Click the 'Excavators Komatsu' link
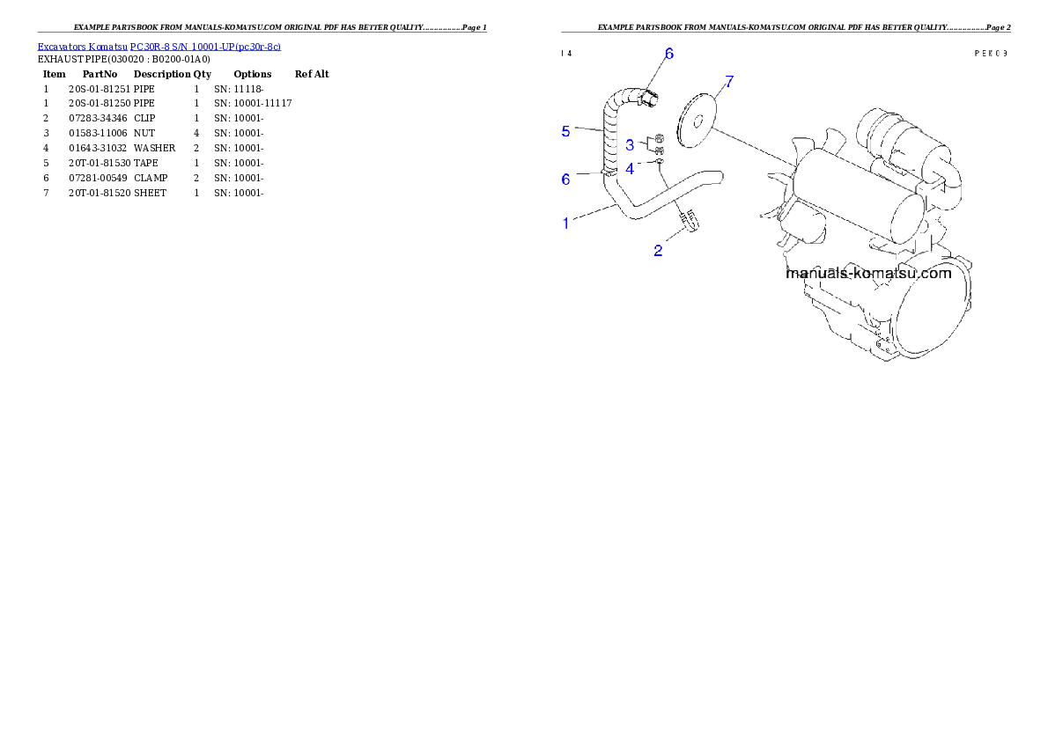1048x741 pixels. coord(82,47)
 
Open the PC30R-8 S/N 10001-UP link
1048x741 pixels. coord(205,47)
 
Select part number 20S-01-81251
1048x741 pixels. coord(100,89)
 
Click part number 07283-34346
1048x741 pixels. coord(98,118)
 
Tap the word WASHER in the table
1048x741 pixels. coord(154,149)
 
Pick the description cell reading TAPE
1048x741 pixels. coord(145,163)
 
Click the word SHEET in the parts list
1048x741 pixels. coord(150,193)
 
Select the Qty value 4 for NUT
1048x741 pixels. coord(196,134)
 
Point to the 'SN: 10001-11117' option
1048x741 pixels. coord(253,104)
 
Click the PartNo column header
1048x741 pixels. coord(100,74)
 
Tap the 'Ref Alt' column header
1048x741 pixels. coord(312,74)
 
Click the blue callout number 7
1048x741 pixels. coord(729,82)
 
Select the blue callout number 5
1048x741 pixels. coord(565,132)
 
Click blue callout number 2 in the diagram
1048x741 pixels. coord(658,251)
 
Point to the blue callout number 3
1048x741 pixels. coord(630,145)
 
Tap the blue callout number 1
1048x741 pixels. coord(565,224)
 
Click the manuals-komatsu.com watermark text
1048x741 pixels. coord(868,274)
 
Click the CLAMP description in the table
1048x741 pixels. coord(151,179)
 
